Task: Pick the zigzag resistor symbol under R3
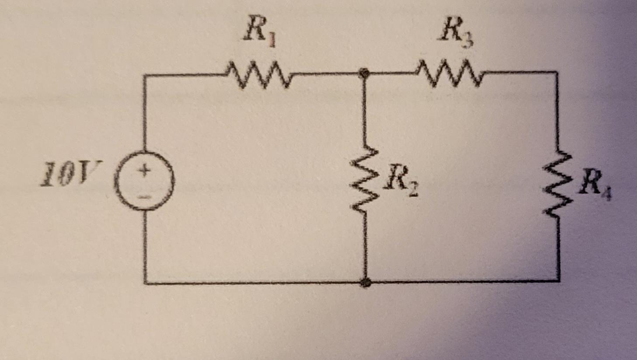(451, 74)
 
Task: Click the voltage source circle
(145, 181)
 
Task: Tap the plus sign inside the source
(145, 170)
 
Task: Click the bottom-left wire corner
(145, 283)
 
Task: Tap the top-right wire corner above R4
(557, 72)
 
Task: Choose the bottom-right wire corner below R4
(559, 280)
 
